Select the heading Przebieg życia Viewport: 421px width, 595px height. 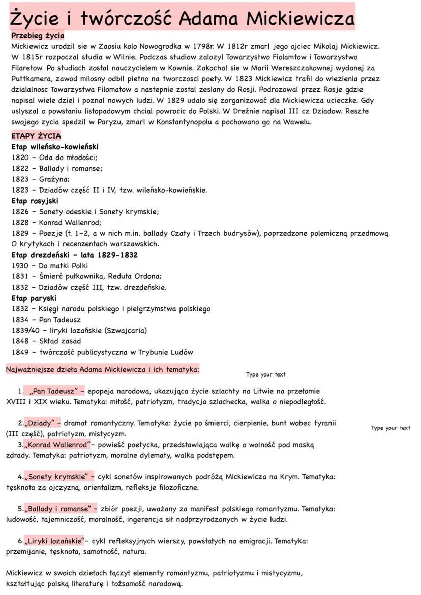tap(38, 36)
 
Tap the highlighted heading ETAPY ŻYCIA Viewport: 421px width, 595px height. tap(36, 136)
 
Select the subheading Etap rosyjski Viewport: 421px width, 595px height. tap(35, 201)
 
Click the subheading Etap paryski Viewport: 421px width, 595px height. tap(34, 298)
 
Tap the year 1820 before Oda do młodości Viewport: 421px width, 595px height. tap(20, 158)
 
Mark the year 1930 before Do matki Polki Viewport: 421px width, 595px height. tap(20, 266)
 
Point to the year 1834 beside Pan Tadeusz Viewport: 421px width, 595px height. tap(20, 320)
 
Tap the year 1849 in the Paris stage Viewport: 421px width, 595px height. tap(20, 352)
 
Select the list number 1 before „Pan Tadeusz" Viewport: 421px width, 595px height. tap(20, 391)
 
